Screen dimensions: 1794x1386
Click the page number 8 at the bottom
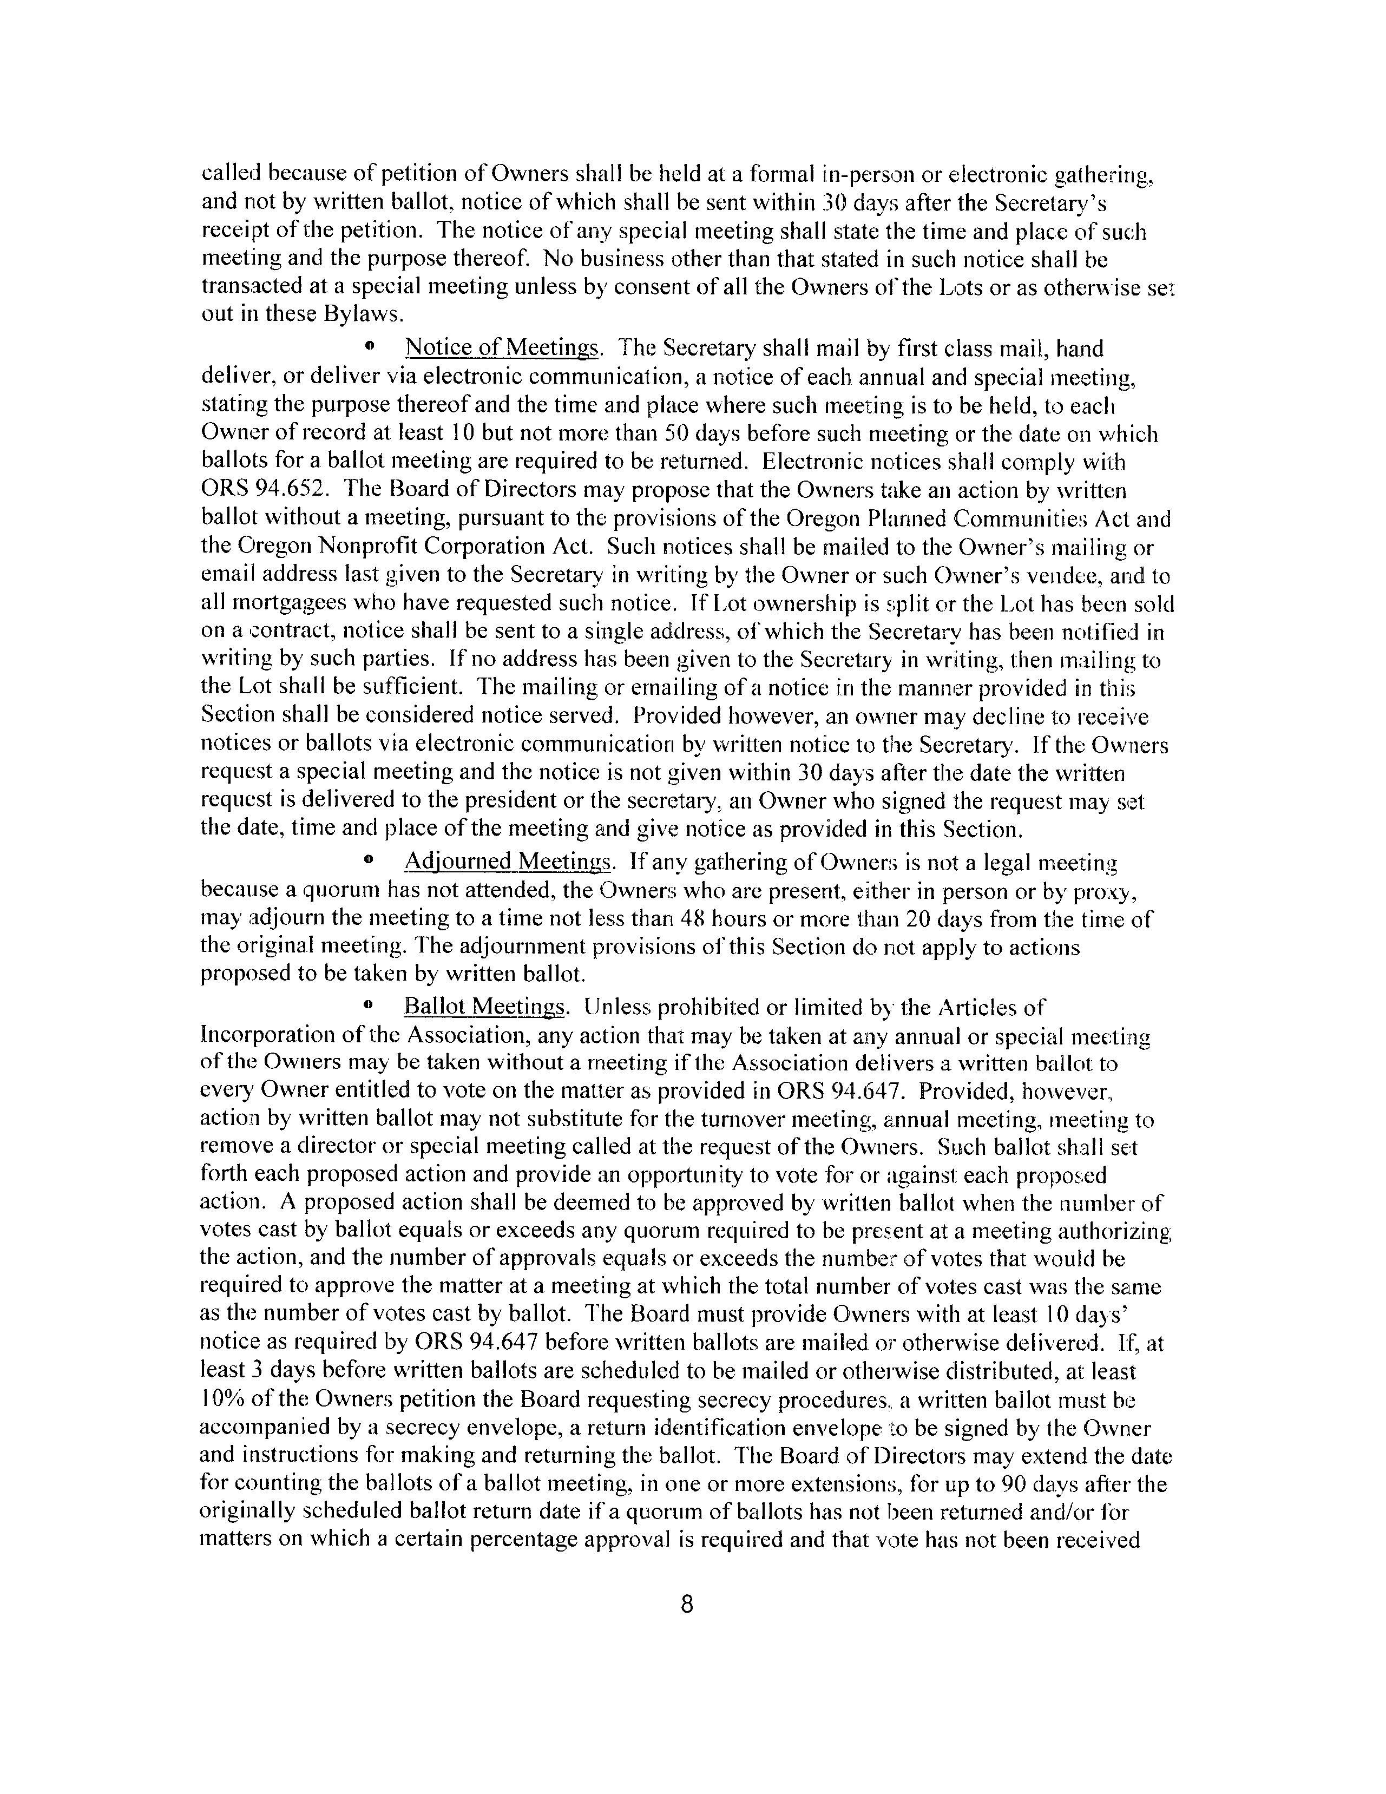(687, 1604)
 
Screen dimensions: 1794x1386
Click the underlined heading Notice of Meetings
(503, 349)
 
